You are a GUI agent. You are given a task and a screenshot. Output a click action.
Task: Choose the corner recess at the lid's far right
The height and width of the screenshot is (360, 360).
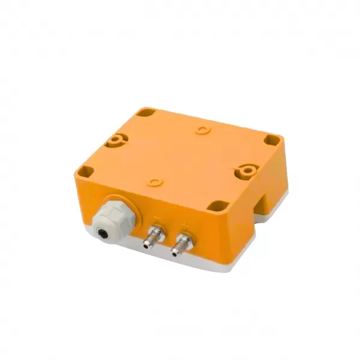(x=272, y=142)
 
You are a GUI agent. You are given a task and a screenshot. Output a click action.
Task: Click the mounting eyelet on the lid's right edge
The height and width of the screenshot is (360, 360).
(x=247, y=170)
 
